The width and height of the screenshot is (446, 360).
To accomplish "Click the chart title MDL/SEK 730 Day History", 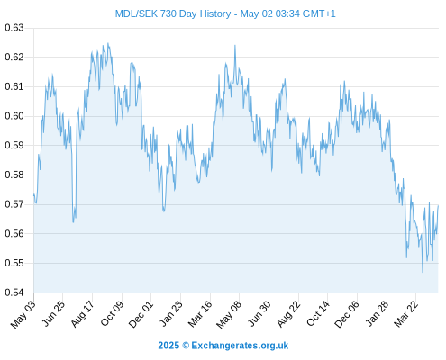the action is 173,13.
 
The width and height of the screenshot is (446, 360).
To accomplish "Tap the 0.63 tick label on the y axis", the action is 14,28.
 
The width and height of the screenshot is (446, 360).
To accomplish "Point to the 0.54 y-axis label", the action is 14,292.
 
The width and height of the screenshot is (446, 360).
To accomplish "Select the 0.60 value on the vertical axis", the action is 14,116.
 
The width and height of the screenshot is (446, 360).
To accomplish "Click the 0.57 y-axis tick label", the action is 14,204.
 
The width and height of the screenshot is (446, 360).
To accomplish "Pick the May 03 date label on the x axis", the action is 23,314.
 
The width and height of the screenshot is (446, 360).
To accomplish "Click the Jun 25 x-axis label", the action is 53,313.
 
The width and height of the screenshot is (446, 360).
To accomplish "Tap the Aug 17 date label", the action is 82,314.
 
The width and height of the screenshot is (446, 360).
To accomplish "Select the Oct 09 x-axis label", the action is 112,314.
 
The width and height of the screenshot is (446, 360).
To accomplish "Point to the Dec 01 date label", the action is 141,314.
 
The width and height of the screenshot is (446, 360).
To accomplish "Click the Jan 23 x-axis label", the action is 170,314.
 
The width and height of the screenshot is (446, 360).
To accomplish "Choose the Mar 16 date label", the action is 200,314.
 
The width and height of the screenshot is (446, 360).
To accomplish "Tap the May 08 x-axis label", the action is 229,314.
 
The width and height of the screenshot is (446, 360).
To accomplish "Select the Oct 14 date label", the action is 317,314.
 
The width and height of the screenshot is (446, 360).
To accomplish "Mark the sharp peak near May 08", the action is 235,46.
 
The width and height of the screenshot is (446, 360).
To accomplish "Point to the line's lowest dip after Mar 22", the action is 423,272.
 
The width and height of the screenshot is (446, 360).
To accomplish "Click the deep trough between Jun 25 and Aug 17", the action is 73,222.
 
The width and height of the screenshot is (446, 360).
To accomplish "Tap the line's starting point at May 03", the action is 34,195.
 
